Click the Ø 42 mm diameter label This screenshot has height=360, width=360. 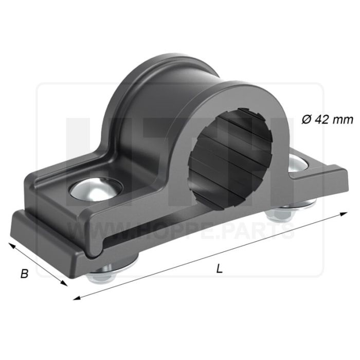point(327,119)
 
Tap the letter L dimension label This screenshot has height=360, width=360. point(219,268)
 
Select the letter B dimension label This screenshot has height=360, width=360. point(24,274)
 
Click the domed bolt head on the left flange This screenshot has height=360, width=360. point(96,188)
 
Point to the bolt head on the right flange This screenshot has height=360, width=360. point(298,163)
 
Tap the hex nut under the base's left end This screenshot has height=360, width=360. point(101,276)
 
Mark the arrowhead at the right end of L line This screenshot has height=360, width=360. point(344,214)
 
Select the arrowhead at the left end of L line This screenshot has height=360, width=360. point(77,298)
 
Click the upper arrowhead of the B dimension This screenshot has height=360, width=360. point(12,245)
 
